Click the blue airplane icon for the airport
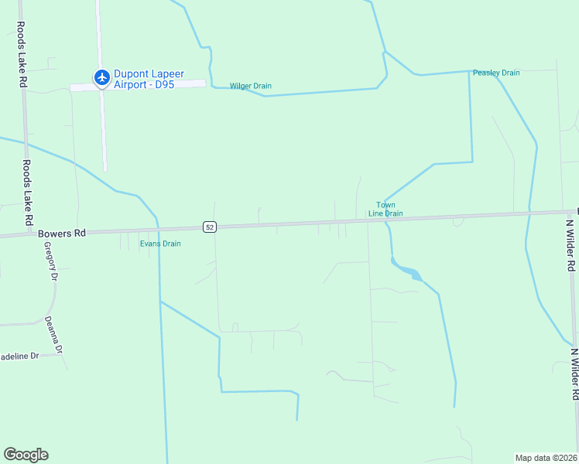point(101,77)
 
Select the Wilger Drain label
point(250,86)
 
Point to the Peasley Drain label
point(496,73)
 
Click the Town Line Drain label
point(385,210)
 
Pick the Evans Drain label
point(160,244)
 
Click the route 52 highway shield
point(209,227)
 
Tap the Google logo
point(26,455)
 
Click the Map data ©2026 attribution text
point(546,458)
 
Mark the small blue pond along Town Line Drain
point(409,271)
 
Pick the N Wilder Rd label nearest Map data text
point(574,374)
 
